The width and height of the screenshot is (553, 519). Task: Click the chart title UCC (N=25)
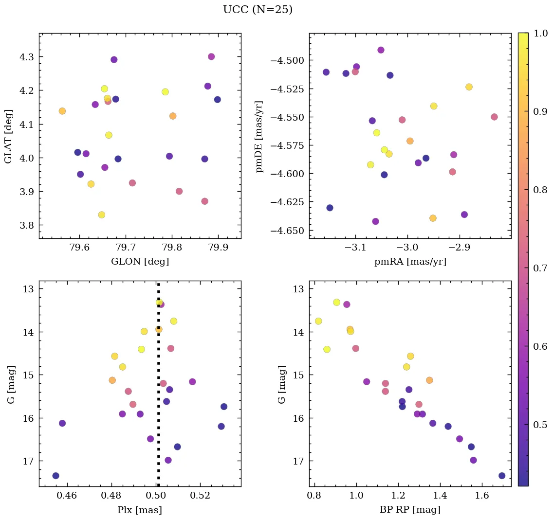[258, 10]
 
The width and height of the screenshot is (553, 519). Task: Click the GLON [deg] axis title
[140, 262]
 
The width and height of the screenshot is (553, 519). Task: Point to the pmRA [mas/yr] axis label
[410, 262]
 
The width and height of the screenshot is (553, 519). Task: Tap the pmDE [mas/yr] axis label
[259, 136]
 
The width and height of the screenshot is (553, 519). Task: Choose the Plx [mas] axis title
[140, 510]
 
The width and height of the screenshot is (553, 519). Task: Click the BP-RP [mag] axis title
[410, 510]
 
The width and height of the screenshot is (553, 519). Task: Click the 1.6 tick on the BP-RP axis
[482, 496]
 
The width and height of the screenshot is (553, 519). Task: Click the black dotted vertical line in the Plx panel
[158, 389]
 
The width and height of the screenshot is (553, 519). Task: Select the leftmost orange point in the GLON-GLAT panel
[62, 111]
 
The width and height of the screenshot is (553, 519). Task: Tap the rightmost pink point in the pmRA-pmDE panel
[494, 117]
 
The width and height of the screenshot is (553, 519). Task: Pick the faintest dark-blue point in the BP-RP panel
[502, 476]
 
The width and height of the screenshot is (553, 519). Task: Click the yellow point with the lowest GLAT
[101, 215]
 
